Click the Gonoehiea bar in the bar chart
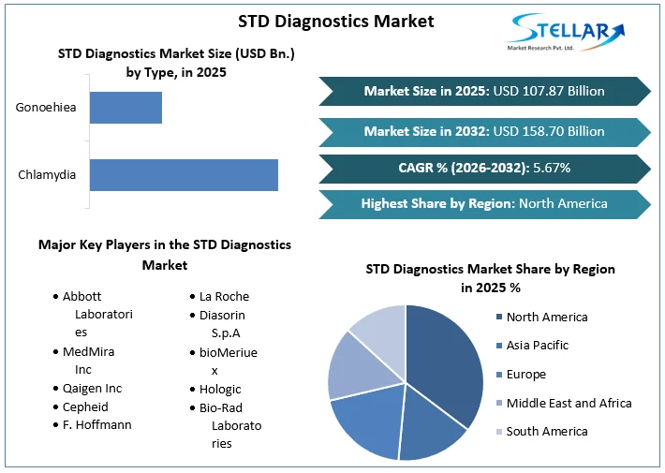126,108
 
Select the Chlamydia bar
184,175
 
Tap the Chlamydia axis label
47,175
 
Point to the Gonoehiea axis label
46,108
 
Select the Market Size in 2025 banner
484,91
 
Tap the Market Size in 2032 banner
484,131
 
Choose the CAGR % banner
484,168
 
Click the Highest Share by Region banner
484,203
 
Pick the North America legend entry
546,317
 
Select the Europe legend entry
525,374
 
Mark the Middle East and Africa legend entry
568,403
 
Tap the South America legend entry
546,431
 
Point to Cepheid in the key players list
85,406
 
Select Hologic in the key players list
220,389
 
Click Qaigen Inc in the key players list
92,388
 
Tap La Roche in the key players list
224,296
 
